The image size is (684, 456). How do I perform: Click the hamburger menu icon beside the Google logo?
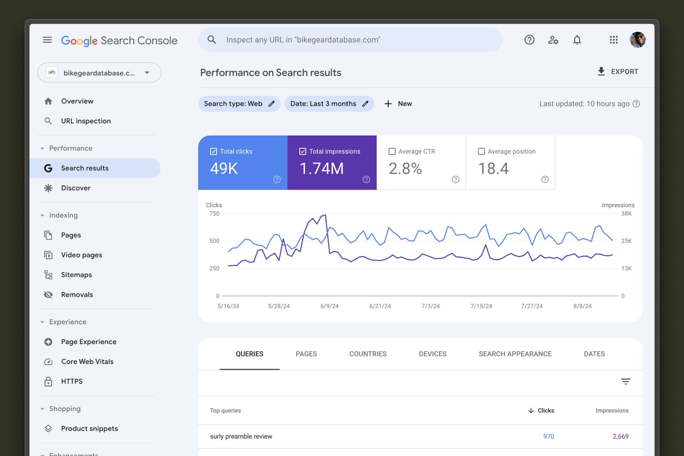tap(47, 40)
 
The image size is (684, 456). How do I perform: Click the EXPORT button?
tap(618, 72)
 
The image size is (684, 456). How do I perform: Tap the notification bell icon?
tap(577, 40)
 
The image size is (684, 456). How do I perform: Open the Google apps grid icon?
tap(613, 40)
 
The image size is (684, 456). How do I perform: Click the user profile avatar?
tap(637, 40)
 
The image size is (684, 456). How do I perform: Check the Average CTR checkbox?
tap(392, 151)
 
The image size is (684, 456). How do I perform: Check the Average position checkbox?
tap(481, 151)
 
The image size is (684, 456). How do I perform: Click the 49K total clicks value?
tap(224, 169)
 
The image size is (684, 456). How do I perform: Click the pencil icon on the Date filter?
tap(365, 104)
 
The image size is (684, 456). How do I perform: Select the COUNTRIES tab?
tap(368, 354)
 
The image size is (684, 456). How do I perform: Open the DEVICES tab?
tap(432, 354)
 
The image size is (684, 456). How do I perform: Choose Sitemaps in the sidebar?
tap(76, 275)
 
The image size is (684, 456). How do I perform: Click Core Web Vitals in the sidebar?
tap(87, 362)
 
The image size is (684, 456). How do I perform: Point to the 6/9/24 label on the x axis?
tap(329, 306)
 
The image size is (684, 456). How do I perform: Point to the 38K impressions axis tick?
tap(626, 214)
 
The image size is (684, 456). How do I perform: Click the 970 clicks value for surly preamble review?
tap(548, 436)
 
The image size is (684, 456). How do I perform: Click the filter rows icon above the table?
tap(626, 382)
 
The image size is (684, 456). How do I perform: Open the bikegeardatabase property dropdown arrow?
tap(147, 73)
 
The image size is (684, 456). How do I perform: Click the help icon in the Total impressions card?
tap(366, 180)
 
